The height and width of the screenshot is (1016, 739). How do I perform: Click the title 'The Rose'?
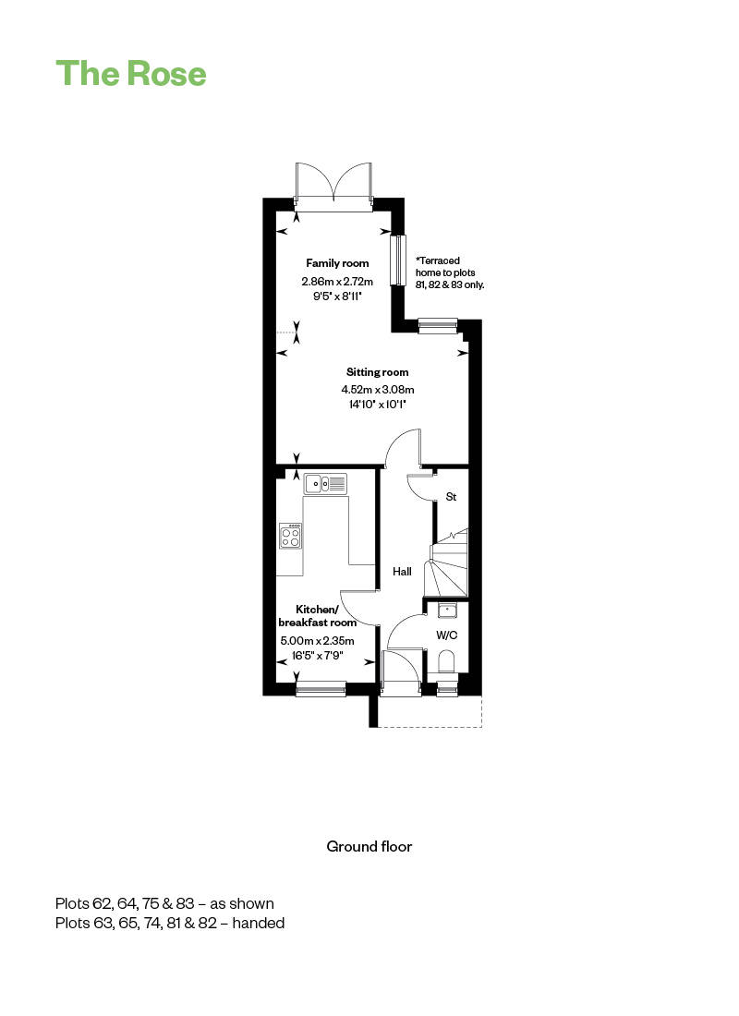coord(131,73)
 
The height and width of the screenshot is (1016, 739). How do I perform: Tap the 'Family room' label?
coord(337,263)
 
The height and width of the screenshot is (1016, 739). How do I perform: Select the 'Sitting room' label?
coord(377,372)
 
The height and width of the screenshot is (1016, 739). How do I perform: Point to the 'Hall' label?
coord(402,572)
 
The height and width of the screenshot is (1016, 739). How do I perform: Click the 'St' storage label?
coord(451,496)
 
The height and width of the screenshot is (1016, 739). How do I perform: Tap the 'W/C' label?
coord(447,635)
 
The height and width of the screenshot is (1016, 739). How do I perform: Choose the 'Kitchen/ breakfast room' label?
coord(317,615)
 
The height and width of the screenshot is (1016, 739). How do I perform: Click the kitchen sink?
coord(325,483)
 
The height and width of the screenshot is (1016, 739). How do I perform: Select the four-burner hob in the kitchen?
coord(290,535)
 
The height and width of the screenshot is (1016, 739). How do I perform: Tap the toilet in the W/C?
coord(447,662)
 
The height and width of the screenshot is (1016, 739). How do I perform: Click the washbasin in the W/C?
coord(447,610)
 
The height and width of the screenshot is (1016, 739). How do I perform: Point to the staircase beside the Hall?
coord(446,562)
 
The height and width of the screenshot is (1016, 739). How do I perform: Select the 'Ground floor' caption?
coord(369,846)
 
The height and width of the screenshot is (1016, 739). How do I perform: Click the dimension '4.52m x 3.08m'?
coord(378,390)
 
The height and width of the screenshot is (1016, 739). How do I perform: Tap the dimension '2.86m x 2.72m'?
coord(337,281)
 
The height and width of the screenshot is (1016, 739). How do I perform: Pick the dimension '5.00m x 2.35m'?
coord(317,641)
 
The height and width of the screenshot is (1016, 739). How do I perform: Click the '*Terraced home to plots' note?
coord(445,266)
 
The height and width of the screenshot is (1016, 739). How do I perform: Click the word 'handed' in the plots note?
coord(258,923)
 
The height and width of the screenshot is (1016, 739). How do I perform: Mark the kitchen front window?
coord(321,689)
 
